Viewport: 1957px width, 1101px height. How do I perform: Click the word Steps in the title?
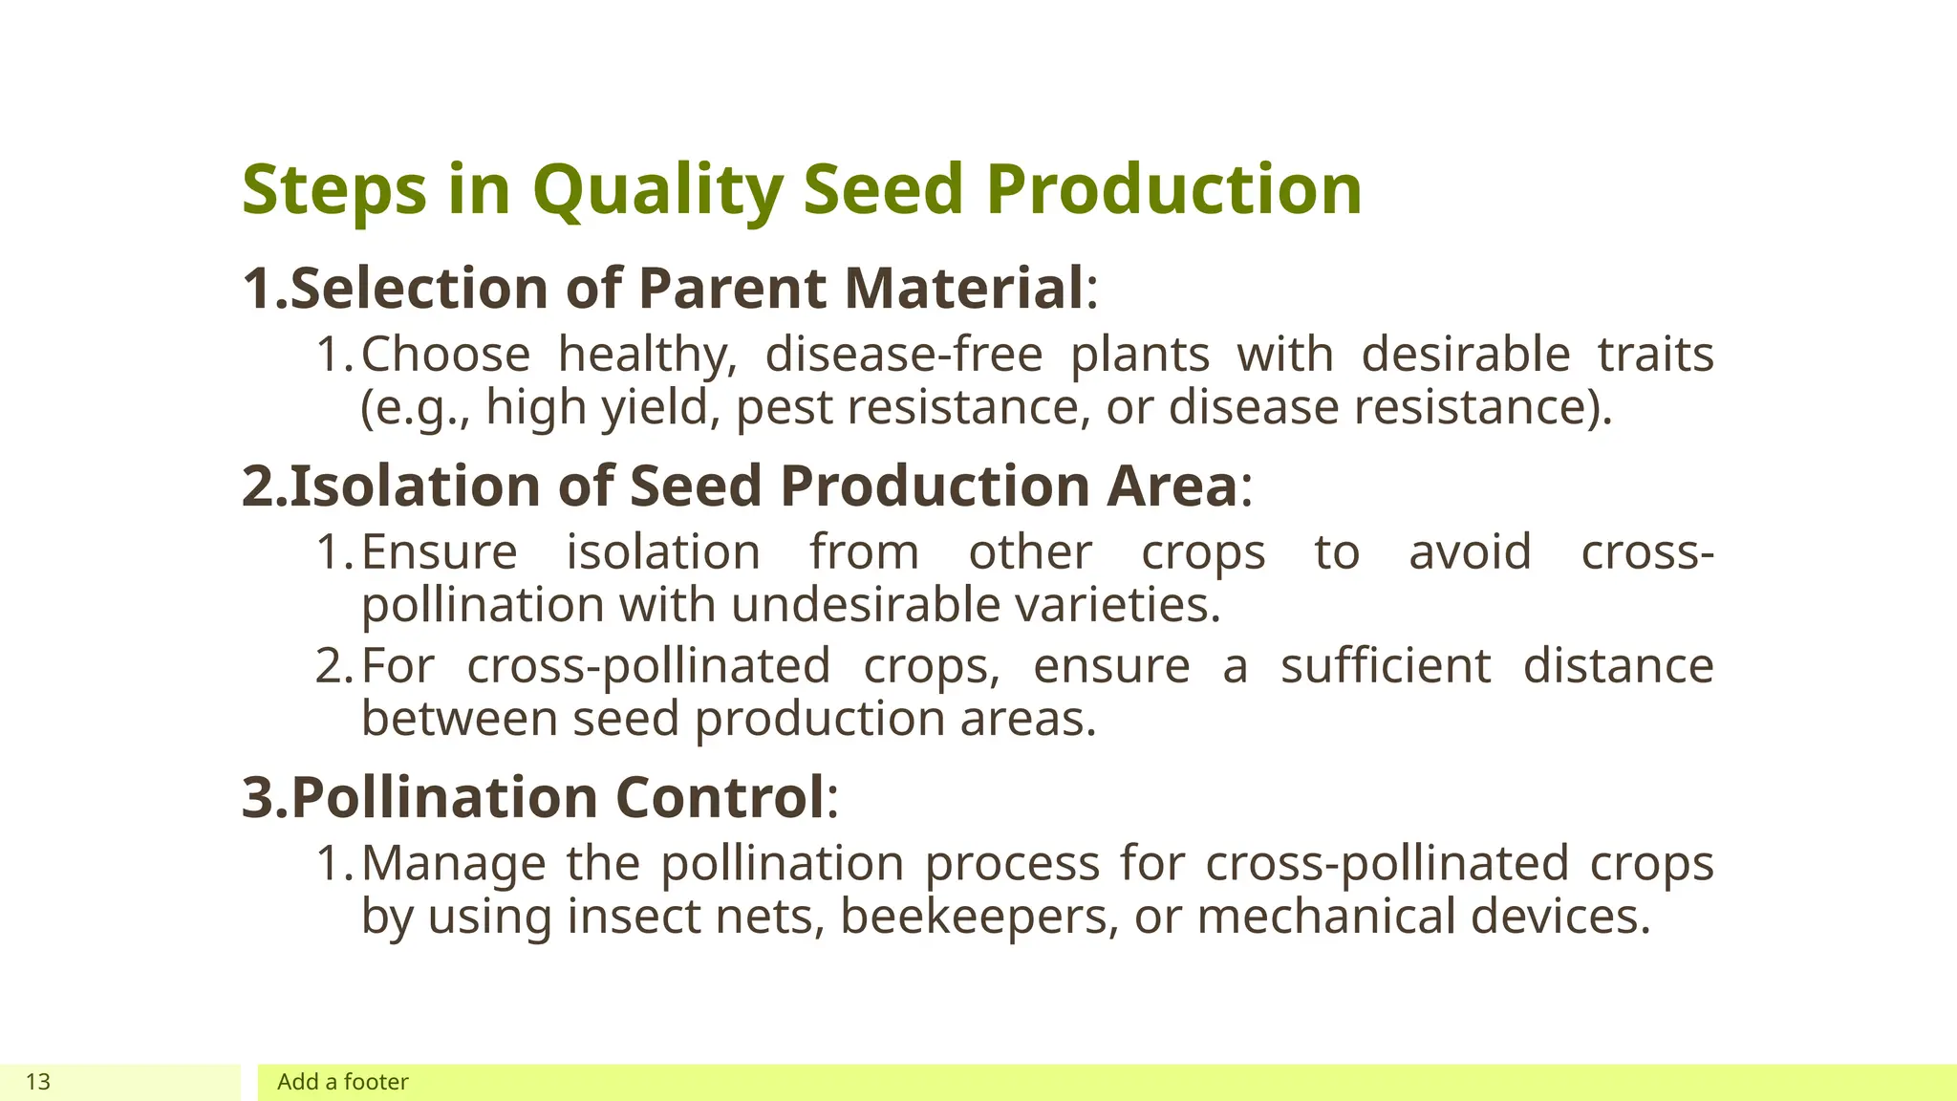click(333, 190)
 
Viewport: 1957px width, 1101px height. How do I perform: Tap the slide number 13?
click(38, 1082)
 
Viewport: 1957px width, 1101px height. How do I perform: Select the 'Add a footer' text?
click(342, 1082)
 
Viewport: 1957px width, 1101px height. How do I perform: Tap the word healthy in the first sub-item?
click(647, 356)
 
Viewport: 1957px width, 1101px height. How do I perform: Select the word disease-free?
click(903, 356)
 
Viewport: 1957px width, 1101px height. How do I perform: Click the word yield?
click(659, 408)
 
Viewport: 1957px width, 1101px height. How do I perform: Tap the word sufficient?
click(1385, 666)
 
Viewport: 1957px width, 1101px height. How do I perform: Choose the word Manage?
click(453, 864)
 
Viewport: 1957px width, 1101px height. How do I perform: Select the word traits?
click(1655, 356)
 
